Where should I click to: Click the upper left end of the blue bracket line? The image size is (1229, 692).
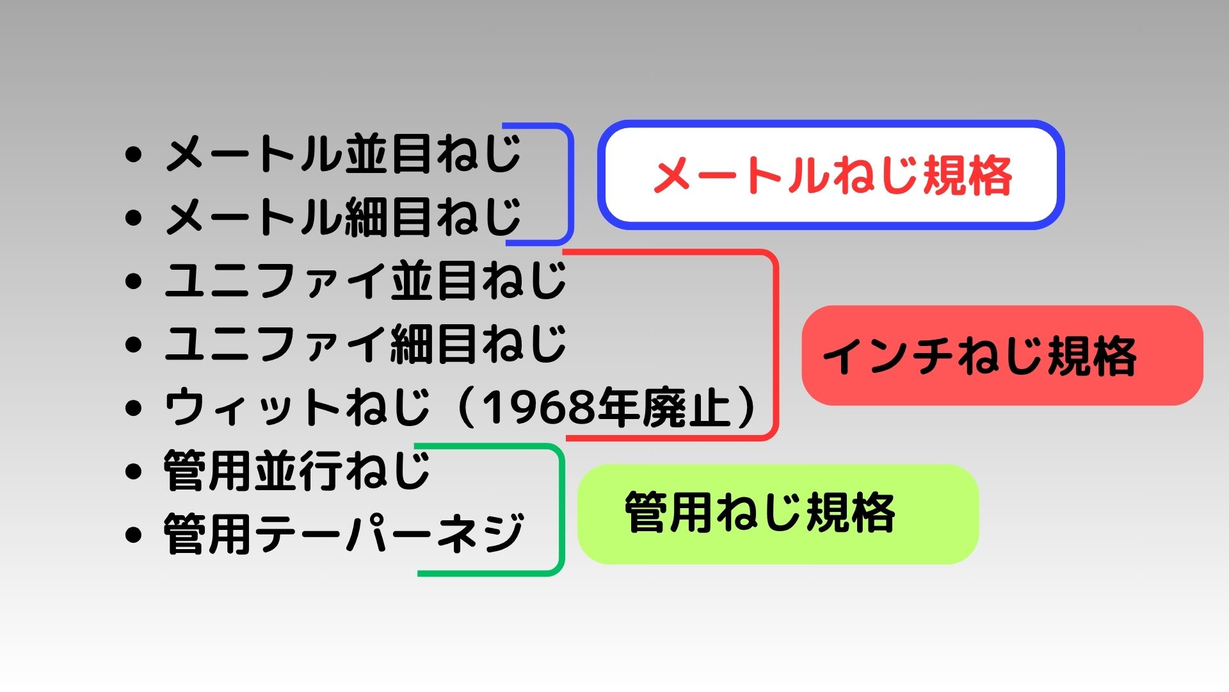point(504,125)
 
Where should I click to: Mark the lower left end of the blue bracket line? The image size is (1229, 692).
point(507,243)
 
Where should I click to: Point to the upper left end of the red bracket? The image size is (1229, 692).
point(564,252)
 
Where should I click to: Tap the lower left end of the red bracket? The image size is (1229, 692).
point(568,438)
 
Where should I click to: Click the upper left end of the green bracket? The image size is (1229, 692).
point(416,446)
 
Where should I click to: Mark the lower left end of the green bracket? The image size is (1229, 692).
point(419,573)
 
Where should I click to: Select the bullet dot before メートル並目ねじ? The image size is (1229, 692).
point(133,154)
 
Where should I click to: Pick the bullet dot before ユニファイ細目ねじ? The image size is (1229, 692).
point(133,345)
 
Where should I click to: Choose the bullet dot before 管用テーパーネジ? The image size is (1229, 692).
point(133,534)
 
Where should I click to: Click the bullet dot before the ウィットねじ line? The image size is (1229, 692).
point(133,408)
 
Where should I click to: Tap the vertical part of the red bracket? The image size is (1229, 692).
point(776,345)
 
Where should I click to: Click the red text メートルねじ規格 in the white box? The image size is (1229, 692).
point(832,176)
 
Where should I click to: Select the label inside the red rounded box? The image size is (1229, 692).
point(979,356)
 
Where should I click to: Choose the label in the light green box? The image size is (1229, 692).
point(760,513)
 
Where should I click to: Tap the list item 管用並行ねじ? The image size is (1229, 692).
point(297,471)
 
